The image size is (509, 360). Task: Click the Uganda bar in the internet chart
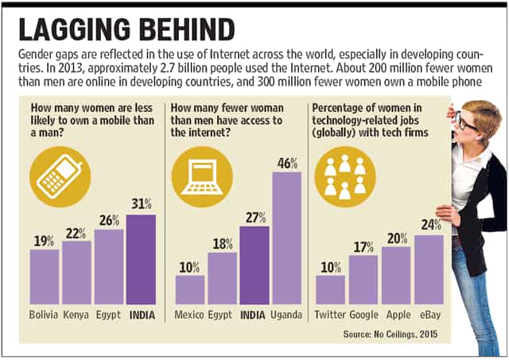pyautogui.click(x=287, y=238)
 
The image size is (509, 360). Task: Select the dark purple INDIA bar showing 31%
pyautogui.click(x=142, y=259)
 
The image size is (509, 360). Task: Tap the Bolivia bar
pyautogui.click(x=45, y=277)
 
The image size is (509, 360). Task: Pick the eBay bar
pyautogui.click(x=429, y=269)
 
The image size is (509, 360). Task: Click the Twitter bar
pyautogui.click(x=331, y=290)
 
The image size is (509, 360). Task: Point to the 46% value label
pyautogui.click(x=287, y=164)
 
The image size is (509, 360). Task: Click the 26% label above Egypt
pyautogui.click(x=109, y=221)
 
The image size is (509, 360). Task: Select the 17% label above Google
pyautogui.click(x=363, y=247)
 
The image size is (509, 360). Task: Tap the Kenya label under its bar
pyautogui.click(x=76, y=315)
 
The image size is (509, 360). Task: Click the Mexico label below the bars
pyautogui.click(x=189, y=315)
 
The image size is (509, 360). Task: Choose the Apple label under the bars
pyautogui.click(x=398, y=315)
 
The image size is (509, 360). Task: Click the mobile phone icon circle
pyautogui.click(x=60, y=176)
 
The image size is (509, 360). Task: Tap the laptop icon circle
pyautogui.click(x=202, y=176)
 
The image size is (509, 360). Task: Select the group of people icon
pyautogui.click(x=345, y=176)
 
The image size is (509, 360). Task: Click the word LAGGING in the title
pyautogui.click(x=75, y=29)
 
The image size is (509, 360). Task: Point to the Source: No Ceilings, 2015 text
pyautogui.click(x=390, y=334)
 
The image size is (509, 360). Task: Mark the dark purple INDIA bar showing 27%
pyautogui.click(x=254, y=265)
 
